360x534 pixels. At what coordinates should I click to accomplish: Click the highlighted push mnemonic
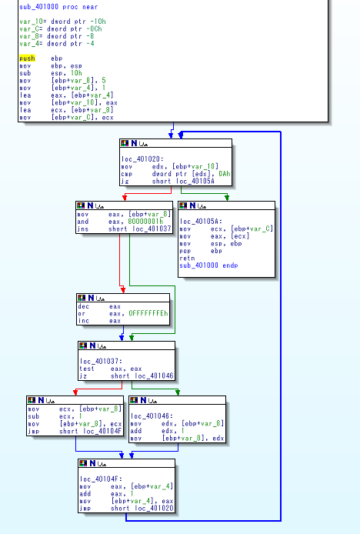[x=27, y=58]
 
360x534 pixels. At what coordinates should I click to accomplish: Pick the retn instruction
[x=188, y=259]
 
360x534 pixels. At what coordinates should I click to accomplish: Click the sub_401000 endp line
[x=208, y=265]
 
